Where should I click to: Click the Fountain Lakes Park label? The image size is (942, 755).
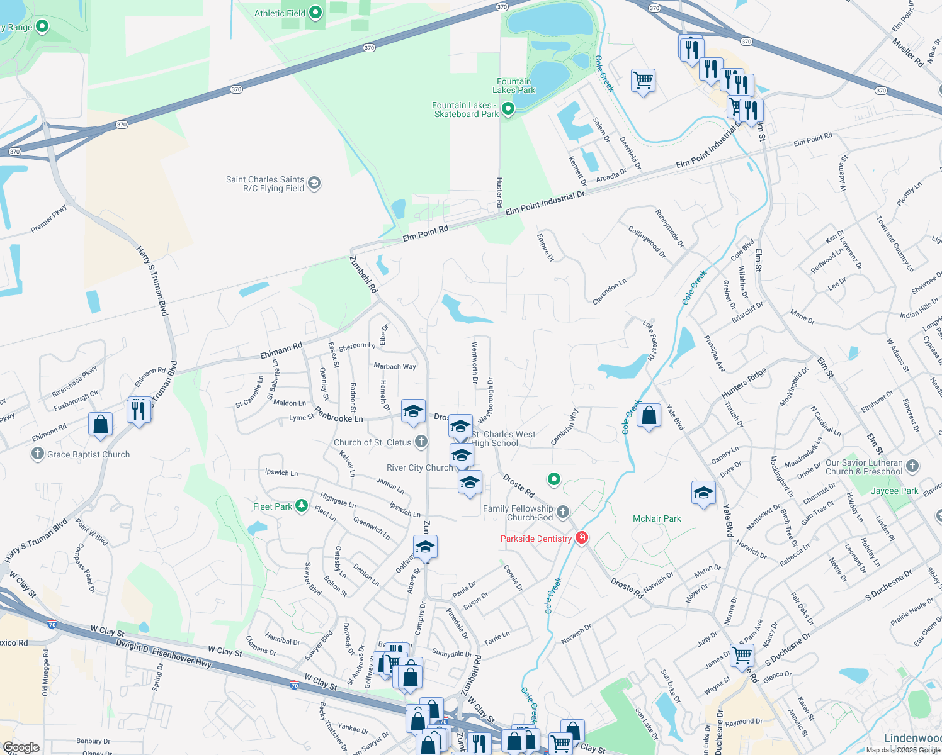point(514,86)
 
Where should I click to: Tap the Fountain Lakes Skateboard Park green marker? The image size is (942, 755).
point(508,109)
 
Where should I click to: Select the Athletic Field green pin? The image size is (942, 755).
point(316,13)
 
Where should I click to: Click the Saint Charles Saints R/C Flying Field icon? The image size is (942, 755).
point(315,183)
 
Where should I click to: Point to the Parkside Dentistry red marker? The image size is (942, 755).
point(582,538)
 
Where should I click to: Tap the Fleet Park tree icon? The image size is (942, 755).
point(302,506)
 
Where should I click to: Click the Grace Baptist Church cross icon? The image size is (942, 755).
point(38,454)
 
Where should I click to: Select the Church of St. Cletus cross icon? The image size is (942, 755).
point(421,442)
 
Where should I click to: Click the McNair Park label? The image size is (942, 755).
point(657,518)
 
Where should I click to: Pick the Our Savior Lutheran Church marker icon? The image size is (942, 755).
point(912,466)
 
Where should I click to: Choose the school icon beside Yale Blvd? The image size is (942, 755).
point(703,493)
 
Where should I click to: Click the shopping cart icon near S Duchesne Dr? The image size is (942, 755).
point(742,654)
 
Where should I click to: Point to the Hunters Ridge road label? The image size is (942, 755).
point(744,383)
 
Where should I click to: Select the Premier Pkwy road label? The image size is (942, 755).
point(48,219)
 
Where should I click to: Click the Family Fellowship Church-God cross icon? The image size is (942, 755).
point(563,512)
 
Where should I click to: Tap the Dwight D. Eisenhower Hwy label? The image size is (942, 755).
point(164,654)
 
